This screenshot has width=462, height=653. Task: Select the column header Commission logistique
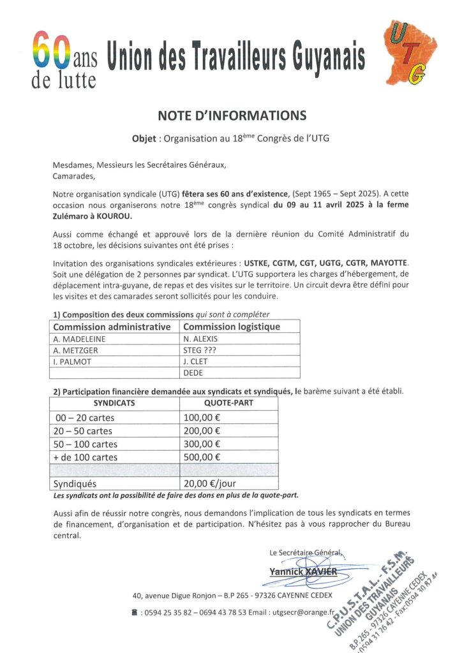coord(232,326)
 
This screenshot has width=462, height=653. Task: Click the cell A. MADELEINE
coord(80,339)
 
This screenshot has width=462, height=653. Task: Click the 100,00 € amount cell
coord(202,417)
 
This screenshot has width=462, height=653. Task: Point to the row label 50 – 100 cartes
coord(87,444)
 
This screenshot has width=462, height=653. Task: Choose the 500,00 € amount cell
coord(202,457)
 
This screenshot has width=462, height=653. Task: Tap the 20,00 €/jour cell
coord(210,484)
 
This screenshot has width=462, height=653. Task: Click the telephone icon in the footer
coord(134,613)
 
